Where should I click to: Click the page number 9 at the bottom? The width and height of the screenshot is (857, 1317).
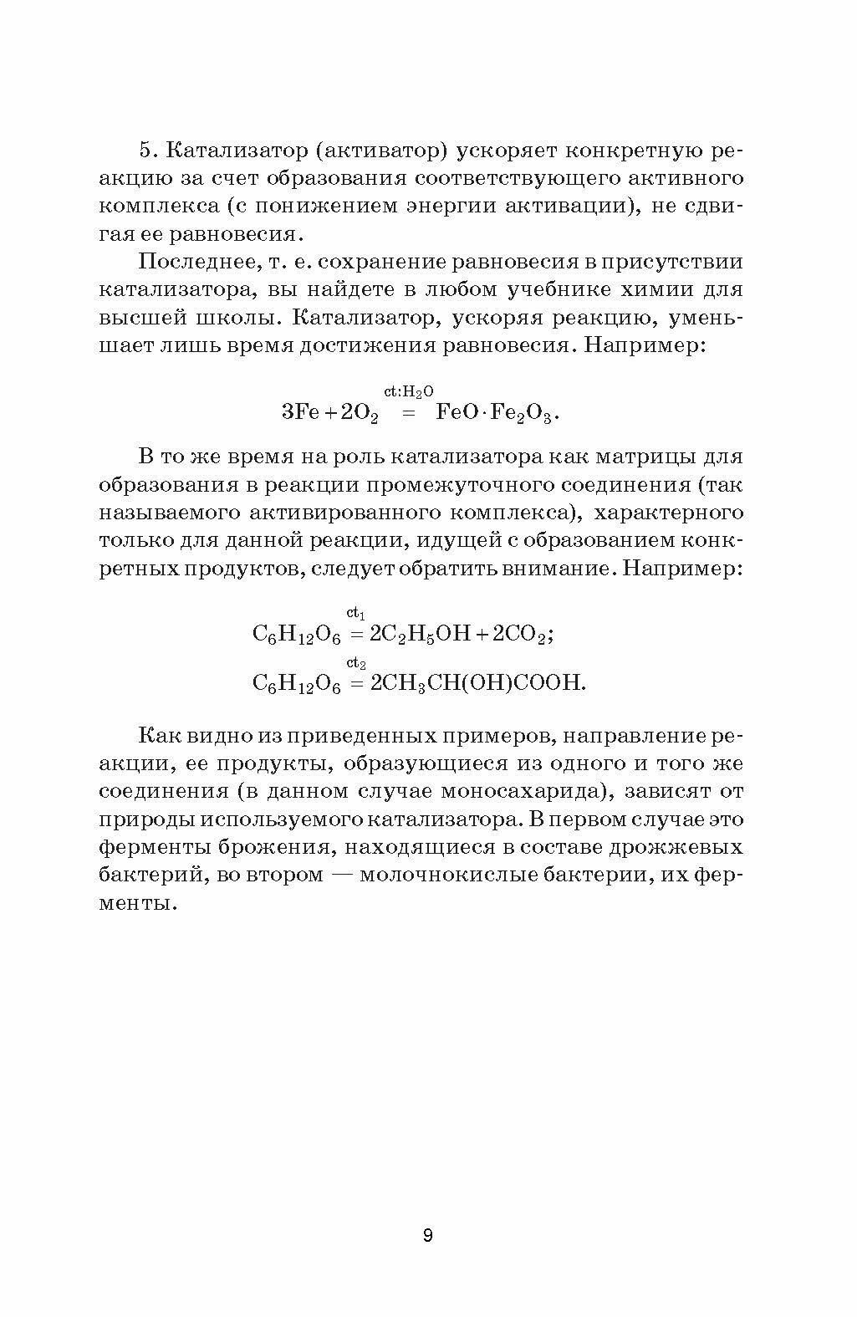(x=427, y=1235)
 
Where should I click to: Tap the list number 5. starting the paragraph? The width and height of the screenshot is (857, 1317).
(x=148, y=150)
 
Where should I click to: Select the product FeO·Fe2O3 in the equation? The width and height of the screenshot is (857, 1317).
(x=497, y=411)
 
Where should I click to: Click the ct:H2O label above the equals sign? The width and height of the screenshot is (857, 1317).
(x=408, y=391)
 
